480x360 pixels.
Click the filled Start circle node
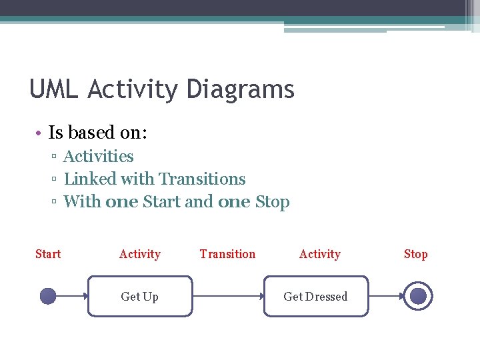[x=48, y=296]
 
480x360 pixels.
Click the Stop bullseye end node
[x=418, y=296]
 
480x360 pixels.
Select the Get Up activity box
[x=140, y=297]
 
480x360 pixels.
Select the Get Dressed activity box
[x=316, y=297]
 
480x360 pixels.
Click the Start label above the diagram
[x=48, y=254]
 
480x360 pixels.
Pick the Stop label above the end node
[x=415, y=254]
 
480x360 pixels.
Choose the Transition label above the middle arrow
[x=227, y=254]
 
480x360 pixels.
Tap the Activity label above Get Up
[x=140, y=254]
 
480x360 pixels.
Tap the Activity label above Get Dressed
[x=320, y=254]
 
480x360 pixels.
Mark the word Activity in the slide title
[x=133, y=89]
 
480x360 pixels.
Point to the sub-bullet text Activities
[x=99, y=157]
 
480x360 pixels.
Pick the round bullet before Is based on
[x=40, y=133]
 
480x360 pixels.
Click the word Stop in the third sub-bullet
[x=273, y=202]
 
